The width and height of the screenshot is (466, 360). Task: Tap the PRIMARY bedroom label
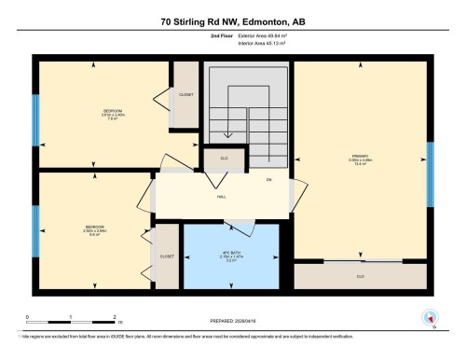361,159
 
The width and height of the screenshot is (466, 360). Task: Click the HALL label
223,197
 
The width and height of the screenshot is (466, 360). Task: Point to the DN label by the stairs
268,179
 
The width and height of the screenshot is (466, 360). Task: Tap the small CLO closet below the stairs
225,159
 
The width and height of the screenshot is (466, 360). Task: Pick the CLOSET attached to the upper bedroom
186,95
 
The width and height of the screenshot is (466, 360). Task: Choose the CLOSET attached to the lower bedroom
166,256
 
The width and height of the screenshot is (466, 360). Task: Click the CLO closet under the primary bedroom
361,276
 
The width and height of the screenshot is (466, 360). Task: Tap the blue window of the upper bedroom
36,118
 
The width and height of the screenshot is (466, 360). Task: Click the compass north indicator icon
430,316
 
